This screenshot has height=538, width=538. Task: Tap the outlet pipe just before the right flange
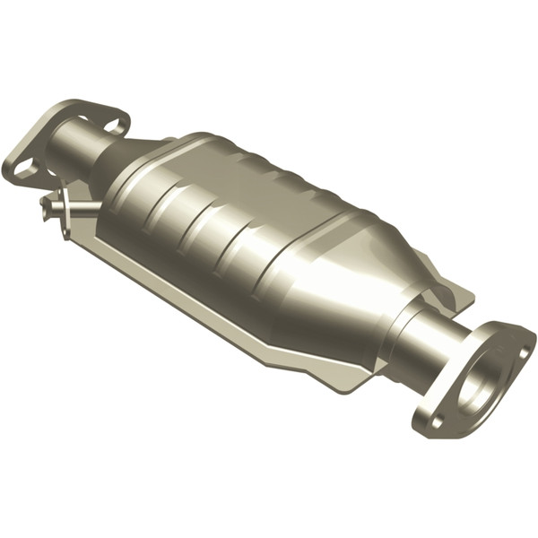pos(429,341)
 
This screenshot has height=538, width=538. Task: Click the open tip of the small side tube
pos(45,209)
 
